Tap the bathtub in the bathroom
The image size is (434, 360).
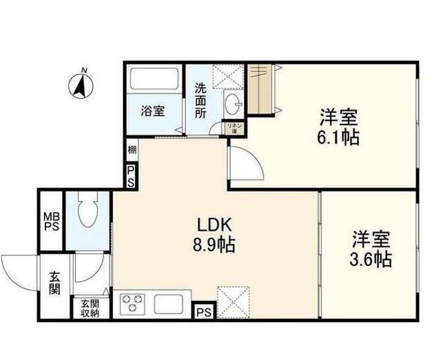click(x=154, y=81)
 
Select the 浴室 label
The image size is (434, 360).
click(x=153, y=110)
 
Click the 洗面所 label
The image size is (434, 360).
click(x=200, y=101)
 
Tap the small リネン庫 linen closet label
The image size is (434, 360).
click(x=234, y=127)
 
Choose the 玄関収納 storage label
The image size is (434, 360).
click(x=90, y=308)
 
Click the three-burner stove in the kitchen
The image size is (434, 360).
click(x=132, y=303)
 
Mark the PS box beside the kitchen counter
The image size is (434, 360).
click(x=203, y=312)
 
